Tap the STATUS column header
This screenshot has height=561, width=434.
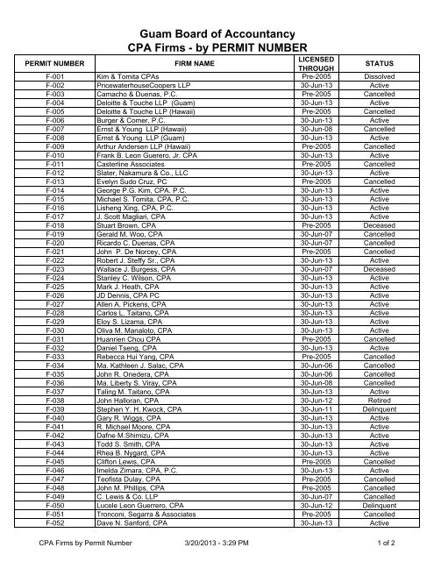(x=381, y=63)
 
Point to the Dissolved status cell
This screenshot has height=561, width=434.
(x=381, y=77)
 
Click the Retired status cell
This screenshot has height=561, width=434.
(x=381, y=374)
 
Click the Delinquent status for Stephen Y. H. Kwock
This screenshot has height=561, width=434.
(x=381, y=383)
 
